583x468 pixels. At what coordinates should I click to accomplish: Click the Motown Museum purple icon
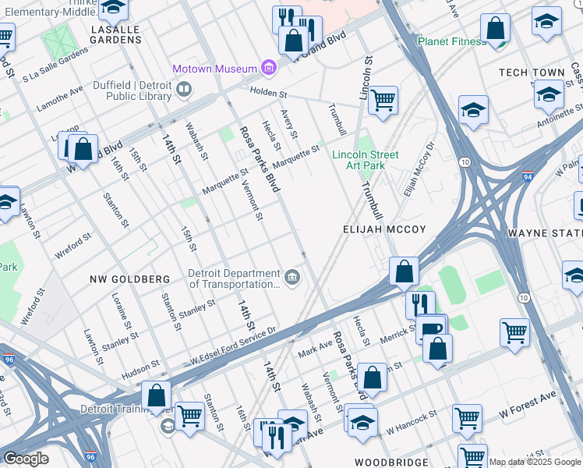[x=269, y=68]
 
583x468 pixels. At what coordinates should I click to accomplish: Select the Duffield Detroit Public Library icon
[x=184, y=90]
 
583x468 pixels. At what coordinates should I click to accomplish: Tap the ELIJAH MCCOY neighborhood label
[x=385, y=229]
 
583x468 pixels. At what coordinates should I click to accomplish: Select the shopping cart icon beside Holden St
[x=382, y=100]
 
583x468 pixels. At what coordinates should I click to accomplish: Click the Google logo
[x=26, y=459]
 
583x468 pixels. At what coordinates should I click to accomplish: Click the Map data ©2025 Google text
[x=534, y=462]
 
